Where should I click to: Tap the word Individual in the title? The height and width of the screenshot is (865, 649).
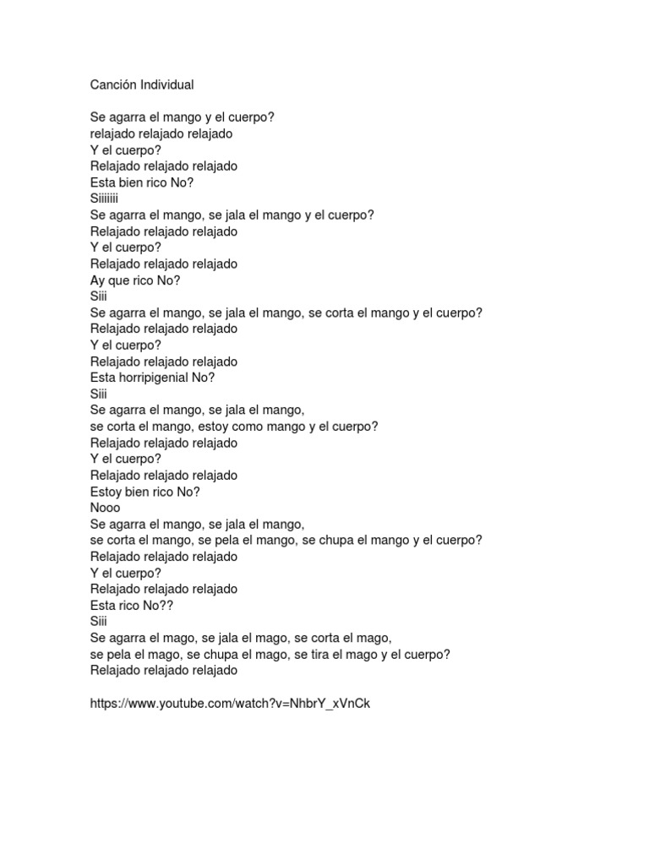(x=167, y=84)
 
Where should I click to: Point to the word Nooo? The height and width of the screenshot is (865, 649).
(x=106, y=508)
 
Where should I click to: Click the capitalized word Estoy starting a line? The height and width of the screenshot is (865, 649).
(x=106, y=492)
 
